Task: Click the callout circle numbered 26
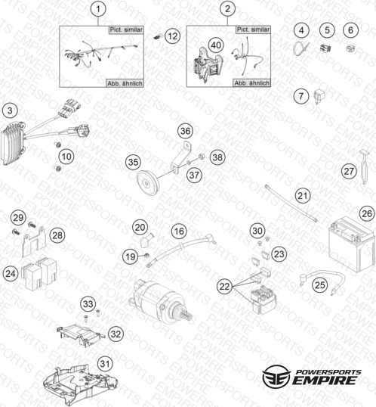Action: point(367,213)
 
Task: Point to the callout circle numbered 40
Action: point(216,45)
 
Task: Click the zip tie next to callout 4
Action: point(300,48)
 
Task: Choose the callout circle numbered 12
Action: point(173,36)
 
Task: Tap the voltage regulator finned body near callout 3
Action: point(14,144)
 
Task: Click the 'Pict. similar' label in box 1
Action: point(126,30)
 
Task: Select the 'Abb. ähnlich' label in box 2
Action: point(251,83)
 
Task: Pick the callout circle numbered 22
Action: point(224,286)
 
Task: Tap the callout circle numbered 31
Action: point(105,364)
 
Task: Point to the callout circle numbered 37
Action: point(194,175)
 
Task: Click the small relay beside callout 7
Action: point(319,97)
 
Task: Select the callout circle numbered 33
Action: point(88,303)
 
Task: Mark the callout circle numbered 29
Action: point(18,217)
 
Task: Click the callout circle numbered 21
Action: point(303,195)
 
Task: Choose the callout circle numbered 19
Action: point(131,256)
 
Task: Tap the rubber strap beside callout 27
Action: point(364,166)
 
